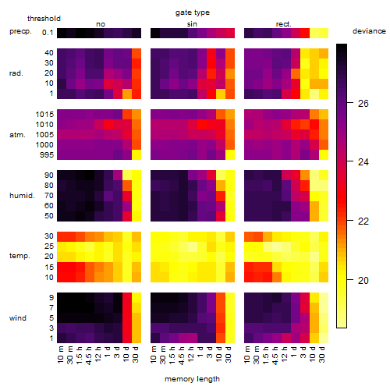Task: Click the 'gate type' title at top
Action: point(193,13)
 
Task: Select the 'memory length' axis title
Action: point(192,379)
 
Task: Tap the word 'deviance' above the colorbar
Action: point(369,31)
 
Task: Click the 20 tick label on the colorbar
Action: point(363,280)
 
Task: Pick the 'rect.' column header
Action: point(283,24)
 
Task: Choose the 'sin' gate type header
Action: point(192,24)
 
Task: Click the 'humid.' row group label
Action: point(22,196)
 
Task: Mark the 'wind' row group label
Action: point(18,318)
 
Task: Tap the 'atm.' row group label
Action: point(17,135)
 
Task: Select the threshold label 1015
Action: point(44,115)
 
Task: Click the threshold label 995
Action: point(47,155)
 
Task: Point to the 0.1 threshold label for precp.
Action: point(48,33)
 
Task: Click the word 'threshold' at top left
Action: point(44,19)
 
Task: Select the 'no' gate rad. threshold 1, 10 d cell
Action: point(127,94)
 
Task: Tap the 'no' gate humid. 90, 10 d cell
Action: point(127,175)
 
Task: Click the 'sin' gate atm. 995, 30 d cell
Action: point(230,155)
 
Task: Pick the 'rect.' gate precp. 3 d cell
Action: point(305,34)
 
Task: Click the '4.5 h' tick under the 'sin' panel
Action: point(182,355)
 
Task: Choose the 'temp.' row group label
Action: point(19,256)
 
